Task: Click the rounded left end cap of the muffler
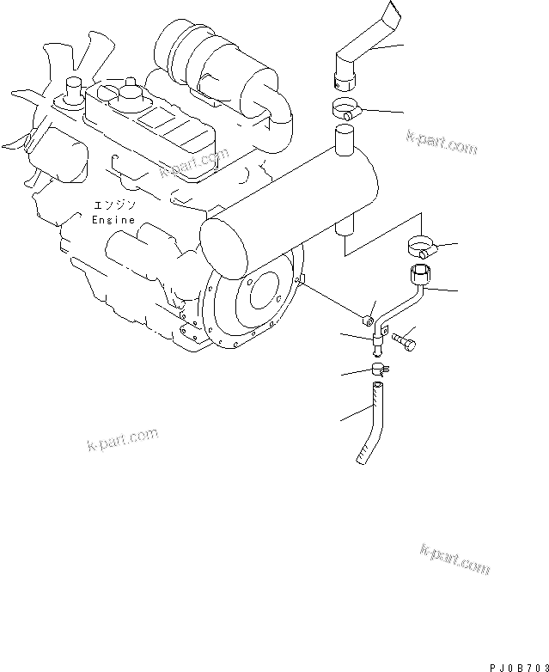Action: (x=223, y=244)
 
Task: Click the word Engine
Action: (x=113, y=220)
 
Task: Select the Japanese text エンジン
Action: (x=115, y=205)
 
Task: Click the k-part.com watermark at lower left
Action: (x=123, y=439)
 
